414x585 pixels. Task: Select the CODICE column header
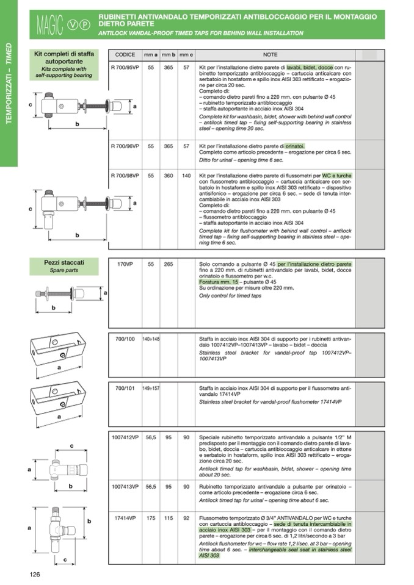click(x=125, y=55)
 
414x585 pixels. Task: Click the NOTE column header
click(x=274, y=55)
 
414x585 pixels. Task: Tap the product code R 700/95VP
click(x=125, y=66)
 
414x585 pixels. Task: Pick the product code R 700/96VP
click(x=125, y=146)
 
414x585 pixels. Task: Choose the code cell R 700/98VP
click(x=125, y=176)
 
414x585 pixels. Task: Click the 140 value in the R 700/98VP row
click(x=186, y=176)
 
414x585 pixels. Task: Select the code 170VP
click(x=125, y=265)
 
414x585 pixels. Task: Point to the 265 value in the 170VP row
click(x=168, y=265)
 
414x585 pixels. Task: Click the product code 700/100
click(x=125, y=338)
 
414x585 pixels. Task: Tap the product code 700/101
click(x=125, y=387)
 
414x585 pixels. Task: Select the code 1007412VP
click(x=125, y=437)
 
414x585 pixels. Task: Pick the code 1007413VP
click(x=125, y=486)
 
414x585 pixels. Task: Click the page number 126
click(x=35, y=574)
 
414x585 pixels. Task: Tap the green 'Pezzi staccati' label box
click(x=64, y=266)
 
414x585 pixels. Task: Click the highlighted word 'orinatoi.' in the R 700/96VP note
click(x=295, y=146)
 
